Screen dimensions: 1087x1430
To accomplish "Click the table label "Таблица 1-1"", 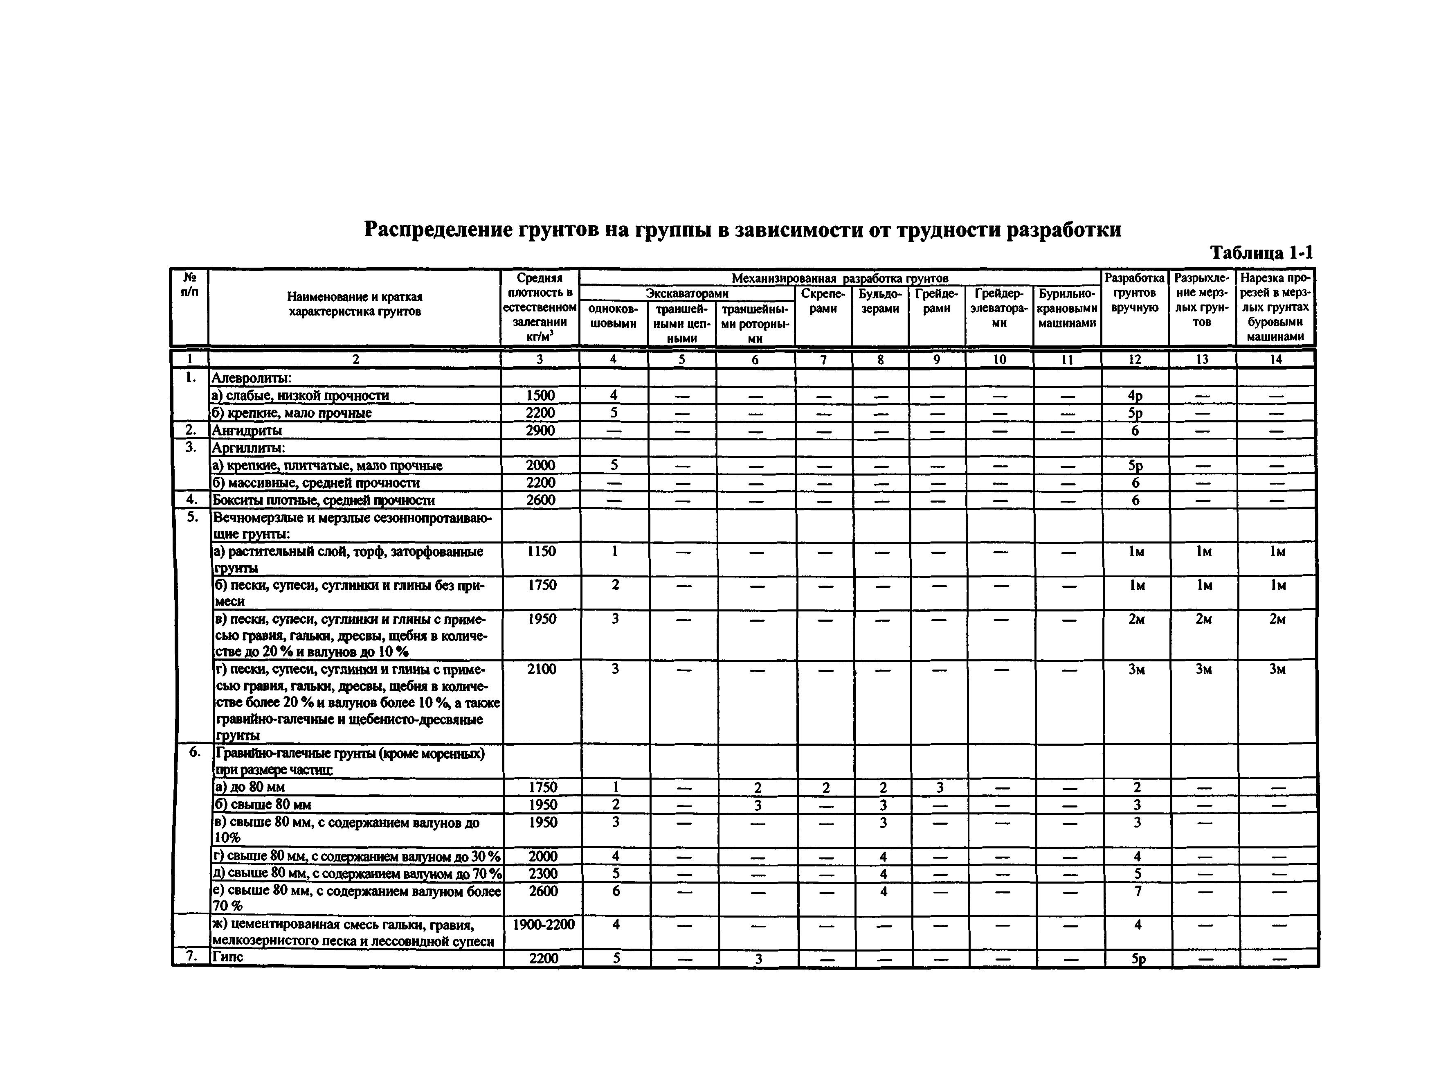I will coord(1261,253).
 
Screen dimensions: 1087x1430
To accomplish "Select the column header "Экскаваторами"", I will coord(686,294).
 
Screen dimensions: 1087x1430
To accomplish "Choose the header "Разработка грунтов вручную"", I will coord(1134,293).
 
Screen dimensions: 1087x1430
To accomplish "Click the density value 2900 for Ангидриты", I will coord(540,430).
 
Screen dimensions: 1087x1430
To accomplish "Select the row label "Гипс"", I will coord(228,957).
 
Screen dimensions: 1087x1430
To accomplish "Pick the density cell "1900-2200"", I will coord(543,925).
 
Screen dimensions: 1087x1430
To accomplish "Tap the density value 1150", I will coord(541,551).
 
